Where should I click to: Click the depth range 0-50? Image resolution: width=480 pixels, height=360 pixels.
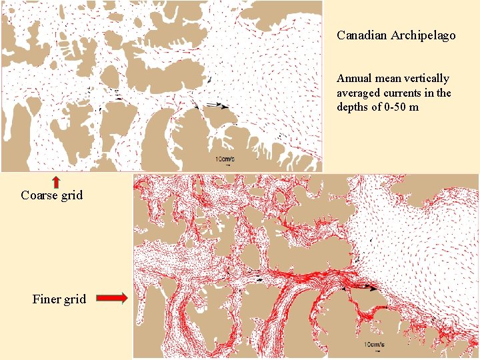pos(399,107)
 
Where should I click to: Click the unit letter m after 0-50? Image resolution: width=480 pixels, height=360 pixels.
pos(415,107)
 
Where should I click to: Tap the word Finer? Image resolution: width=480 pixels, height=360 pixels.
pos(46,299)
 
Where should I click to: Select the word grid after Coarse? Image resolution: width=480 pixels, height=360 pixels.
pos(72,195)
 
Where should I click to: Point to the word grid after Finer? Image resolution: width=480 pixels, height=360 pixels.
pos(75,299)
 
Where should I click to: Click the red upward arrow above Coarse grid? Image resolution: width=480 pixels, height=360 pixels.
pos(57,181)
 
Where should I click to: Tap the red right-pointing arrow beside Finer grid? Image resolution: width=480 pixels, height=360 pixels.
pos(111,299)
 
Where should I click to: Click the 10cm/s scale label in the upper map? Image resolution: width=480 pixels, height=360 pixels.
pos(225,159)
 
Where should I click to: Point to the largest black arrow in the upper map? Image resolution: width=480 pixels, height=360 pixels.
pos(218,105)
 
